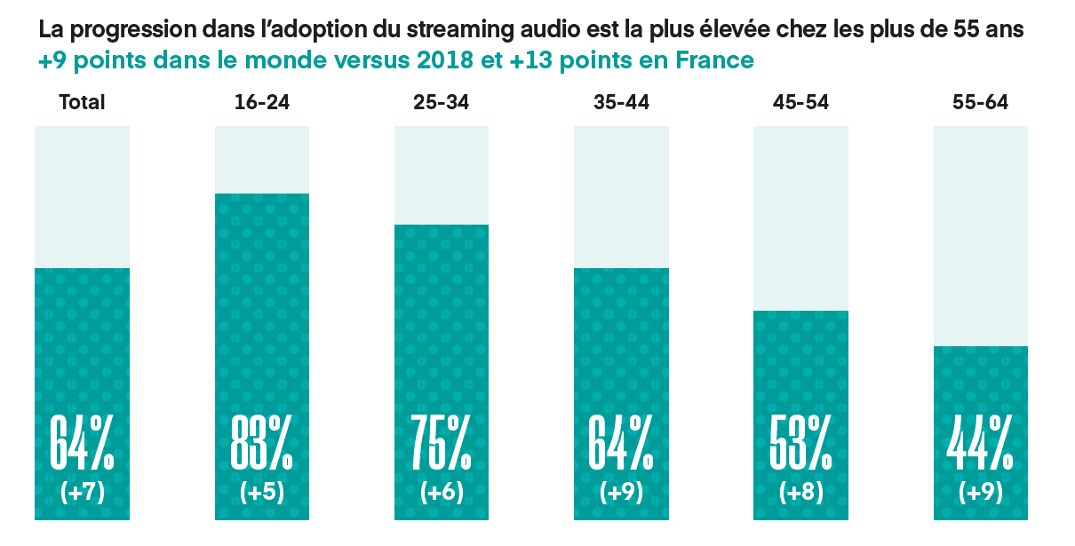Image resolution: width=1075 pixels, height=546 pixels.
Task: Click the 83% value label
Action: point(262,441)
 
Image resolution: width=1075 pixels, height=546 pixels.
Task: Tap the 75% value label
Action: point(442,441)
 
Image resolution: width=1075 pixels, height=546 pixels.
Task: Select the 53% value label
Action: point(800,441)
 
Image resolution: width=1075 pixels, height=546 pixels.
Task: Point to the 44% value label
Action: point(980,441)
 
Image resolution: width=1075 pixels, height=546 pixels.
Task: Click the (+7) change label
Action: point(82,493)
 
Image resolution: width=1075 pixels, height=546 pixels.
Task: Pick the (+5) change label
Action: point(262,493)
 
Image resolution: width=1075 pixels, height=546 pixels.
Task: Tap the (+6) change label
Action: point(442,493)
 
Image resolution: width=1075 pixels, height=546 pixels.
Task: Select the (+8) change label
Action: point(800,493)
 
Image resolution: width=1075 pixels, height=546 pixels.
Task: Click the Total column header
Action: point(82,102)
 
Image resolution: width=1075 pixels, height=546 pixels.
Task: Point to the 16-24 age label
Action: point(262,102)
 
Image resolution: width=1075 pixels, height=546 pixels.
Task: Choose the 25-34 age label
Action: point(442,102)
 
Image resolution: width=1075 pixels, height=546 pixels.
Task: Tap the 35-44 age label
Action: point(621,102)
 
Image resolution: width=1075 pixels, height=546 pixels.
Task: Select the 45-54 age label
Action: point(800,102)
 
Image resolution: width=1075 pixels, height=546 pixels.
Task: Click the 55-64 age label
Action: point(980,102)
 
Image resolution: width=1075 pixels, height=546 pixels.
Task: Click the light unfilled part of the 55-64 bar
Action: point(980,235)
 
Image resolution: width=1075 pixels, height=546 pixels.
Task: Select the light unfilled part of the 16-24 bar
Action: point(262,160)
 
